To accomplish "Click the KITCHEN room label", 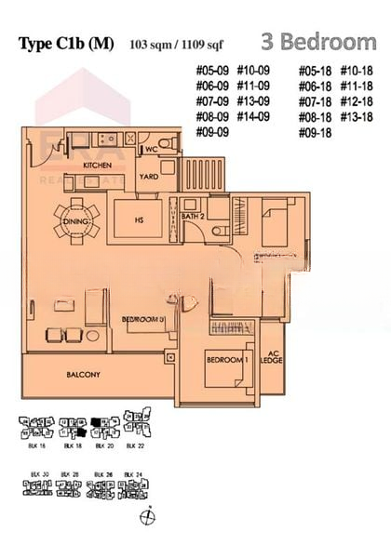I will click(x=124, y=165).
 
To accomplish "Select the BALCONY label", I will click(x=83, y=375).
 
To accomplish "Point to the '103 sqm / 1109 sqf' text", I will click(x=174, y=44).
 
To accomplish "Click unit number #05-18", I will click(x=315, y=71).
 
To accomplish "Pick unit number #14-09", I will click(x=253, y=117).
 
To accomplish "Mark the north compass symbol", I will click(x=145, y=517).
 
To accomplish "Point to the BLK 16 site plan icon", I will click(x=38, y=430).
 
